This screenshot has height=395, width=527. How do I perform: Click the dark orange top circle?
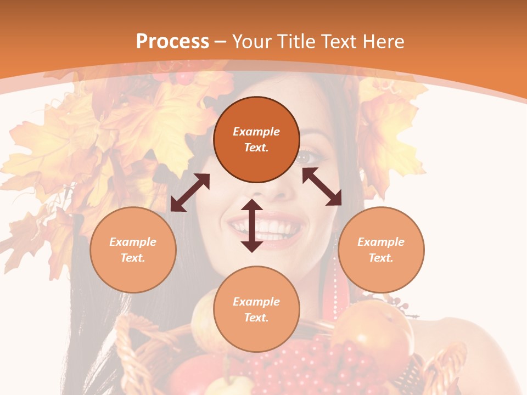[x=256, y=139]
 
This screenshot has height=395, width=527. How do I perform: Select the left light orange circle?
[x=133, y=250]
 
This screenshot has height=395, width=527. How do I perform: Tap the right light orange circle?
[x=381, y=250]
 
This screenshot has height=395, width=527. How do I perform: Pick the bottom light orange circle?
[x=256, y=309]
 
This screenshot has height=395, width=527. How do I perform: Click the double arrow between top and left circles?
[x=190, y=193]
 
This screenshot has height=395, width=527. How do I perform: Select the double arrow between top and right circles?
[x=322, y=187]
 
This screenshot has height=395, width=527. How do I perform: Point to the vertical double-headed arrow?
[x=252, y=225]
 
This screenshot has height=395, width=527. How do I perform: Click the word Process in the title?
[x=172, y=41]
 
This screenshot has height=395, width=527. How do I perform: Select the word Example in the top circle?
[x=256, y=132]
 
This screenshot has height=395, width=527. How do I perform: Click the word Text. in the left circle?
[x=133, y=258]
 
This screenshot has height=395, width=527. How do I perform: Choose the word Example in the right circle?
[x=381, y=242]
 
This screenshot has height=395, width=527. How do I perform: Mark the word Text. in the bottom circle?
[x=256, y=318]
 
